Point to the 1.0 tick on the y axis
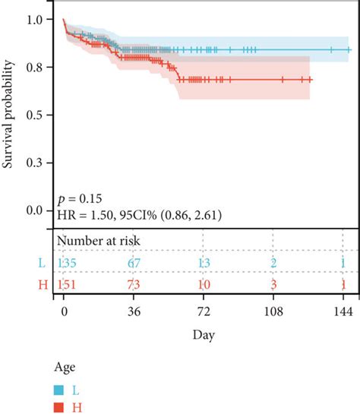pos(35,20)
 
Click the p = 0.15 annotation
pos(79,199)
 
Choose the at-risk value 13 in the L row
pos(203,262)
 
